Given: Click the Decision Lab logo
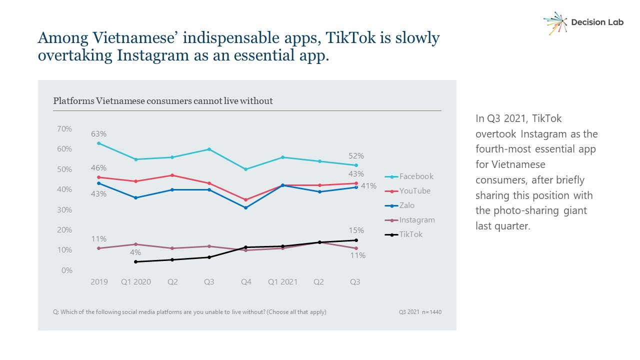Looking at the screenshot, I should tap(583, 22).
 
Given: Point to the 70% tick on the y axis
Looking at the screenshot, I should tap(64, 129).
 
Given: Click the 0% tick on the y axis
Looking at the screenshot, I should tap(66, 270).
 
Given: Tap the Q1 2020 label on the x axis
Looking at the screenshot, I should tap(135, 282).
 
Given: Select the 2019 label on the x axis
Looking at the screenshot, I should tap(99, 282).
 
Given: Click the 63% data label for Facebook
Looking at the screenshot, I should tap(98, 134).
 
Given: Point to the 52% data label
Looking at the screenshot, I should tap(356, 156).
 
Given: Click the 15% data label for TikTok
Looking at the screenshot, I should tap(356, 230).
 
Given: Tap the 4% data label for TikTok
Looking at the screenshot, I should tap(135, 252).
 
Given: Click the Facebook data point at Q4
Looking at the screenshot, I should tap(245, 169).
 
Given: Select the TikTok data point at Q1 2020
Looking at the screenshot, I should tap(135, 261).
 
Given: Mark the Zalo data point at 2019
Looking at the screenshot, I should tap(99, 183).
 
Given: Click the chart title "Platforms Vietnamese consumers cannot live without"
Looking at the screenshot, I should tap(163, 101).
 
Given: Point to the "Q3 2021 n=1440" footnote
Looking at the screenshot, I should tap(420, 312).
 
